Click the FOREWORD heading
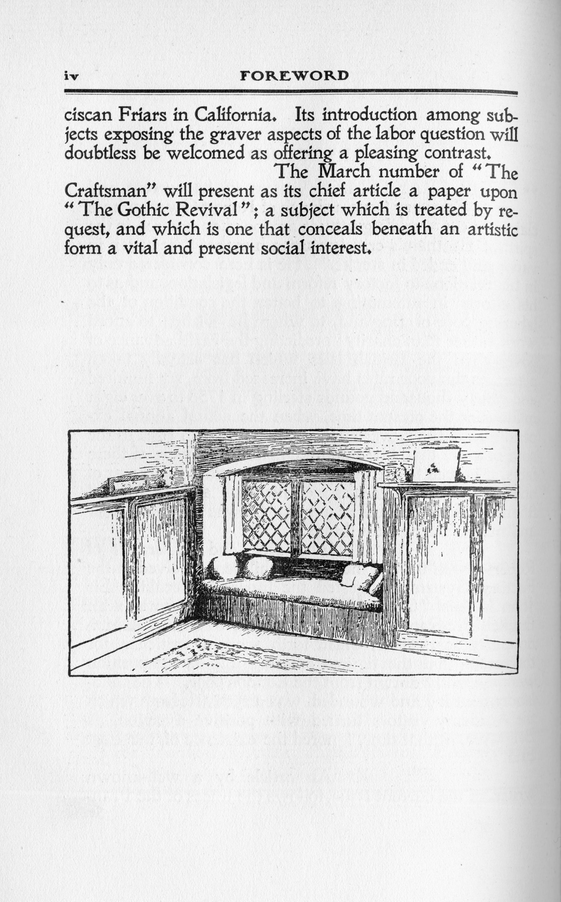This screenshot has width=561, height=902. pos(294,76)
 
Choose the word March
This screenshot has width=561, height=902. pos(344,172)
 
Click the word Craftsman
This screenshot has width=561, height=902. pos(109,191)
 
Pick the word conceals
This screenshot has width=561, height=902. pos(330,229)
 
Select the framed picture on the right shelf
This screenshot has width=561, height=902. pos(436,464)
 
